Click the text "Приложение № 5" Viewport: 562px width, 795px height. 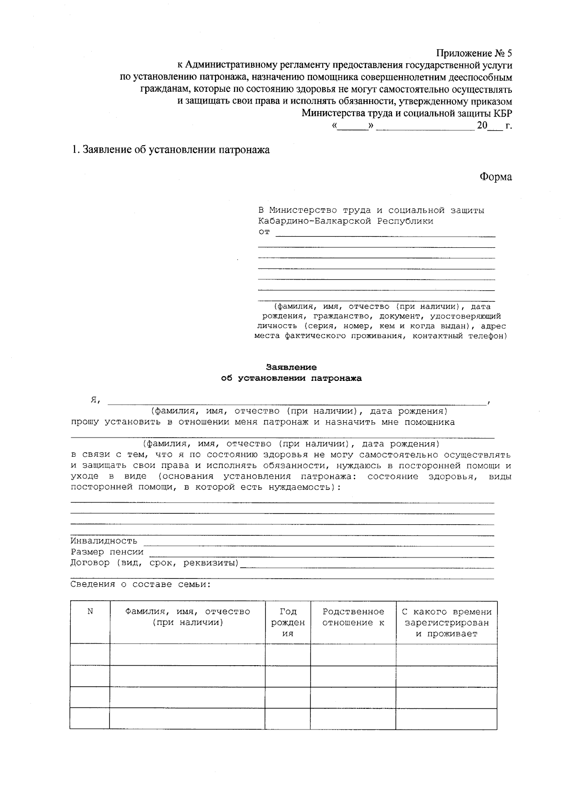[474, 53]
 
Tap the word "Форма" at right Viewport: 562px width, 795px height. [495, 177]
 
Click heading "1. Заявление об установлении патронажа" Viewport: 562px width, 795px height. [170, 150]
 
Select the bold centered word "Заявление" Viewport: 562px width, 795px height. [291, 367]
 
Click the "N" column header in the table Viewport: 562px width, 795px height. [90, 611]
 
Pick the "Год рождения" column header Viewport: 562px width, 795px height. [288, 622]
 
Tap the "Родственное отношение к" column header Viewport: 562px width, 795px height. [353, 617]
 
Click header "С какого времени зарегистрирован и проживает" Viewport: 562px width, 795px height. [446, 623]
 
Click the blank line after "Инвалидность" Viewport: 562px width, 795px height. [318, 543]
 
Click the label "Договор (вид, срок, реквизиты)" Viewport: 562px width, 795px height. [155, 563]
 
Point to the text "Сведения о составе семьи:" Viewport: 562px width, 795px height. [140, 584]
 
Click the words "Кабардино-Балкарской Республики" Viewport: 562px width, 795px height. [346, 221]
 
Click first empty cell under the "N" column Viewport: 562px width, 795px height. [90, 654]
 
